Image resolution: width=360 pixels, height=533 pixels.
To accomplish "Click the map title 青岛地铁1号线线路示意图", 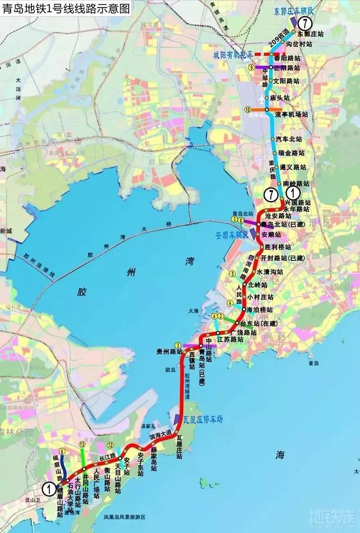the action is [66, 8].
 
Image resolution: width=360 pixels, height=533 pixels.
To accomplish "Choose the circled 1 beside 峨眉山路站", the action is [48, 487].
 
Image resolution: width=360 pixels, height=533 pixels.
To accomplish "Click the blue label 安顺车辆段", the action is [232, 235].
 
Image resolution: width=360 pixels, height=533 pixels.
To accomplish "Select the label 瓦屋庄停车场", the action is [203, 419].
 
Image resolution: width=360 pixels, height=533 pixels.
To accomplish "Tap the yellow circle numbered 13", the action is [81, 444].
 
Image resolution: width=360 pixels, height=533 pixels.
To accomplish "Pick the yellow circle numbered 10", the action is [248, 109].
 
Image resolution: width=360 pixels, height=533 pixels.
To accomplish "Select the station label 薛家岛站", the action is [153, 459].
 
